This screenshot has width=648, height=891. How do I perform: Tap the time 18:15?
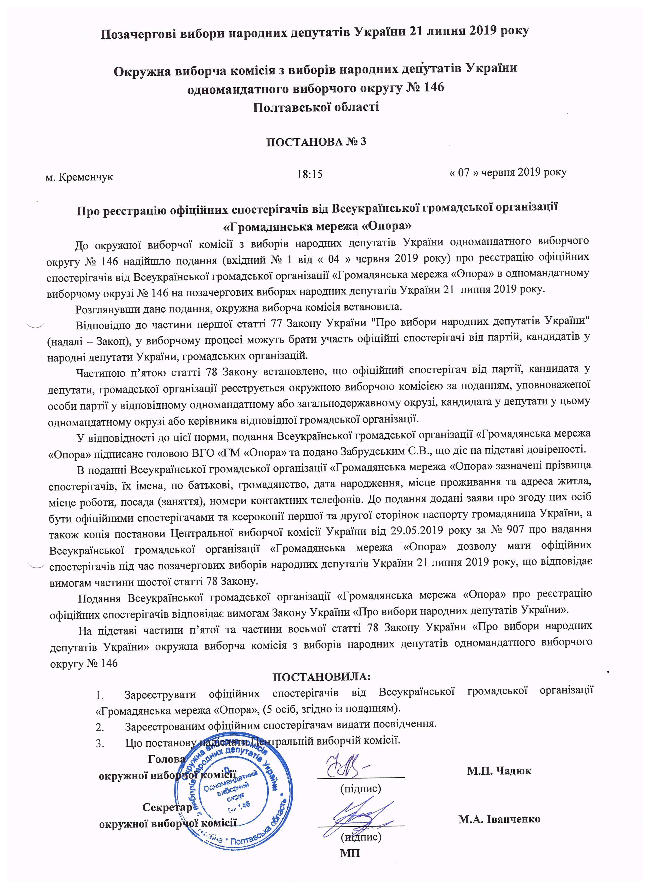point(310,174)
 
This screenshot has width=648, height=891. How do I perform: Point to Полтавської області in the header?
point(316,107)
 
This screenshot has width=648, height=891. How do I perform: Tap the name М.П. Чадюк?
point(499,770)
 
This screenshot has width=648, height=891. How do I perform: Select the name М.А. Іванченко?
point(499,819)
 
